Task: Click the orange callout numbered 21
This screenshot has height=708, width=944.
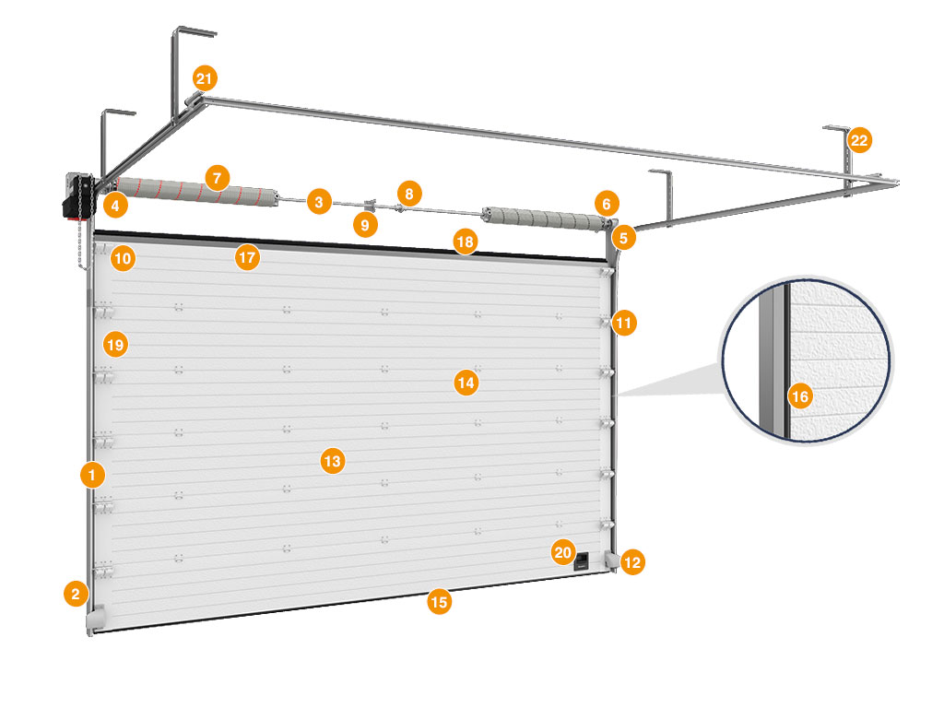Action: [x=205, y=77]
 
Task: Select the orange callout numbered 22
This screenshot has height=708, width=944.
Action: [x=859, y=141]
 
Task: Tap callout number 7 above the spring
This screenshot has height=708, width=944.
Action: [x=217, y=177]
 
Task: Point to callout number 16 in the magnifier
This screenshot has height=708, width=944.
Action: [x=800, y=397]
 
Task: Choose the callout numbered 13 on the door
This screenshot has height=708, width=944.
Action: [x=333, y=460]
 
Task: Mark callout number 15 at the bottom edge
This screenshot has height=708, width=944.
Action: [x=440, y=602]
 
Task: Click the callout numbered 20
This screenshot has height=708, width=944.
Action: [x=562, y=552]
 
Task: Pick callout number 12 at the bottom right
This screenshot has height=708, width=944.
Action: [x=632, y=561]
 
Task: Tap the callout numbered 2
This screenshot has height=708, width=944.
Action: [x=76, y=593]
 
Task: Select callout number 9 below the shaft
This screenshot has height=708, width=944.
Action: [x=366, y=224]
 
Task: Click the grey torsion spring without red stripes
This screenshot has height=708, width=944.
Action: [x=543, y=219]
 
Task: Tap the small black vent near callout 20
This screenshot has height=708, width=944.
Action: [x=584, y=560]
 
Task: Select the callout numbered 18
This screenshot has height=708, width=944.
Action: [x=466, y=242]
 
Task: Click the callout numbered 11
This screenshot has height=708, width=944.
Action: [x=625, y=323]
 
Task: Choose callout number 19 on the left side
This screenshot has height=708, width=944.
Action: [x=115, y=345]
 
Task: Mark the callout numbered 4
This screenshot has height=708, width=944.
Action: [x=116, y=204]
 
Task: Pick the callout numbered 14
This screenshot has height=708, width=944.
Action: [x=466, y=382]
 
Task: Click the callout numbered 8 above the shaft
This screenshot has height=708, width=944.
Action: [x=409, y=193]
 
